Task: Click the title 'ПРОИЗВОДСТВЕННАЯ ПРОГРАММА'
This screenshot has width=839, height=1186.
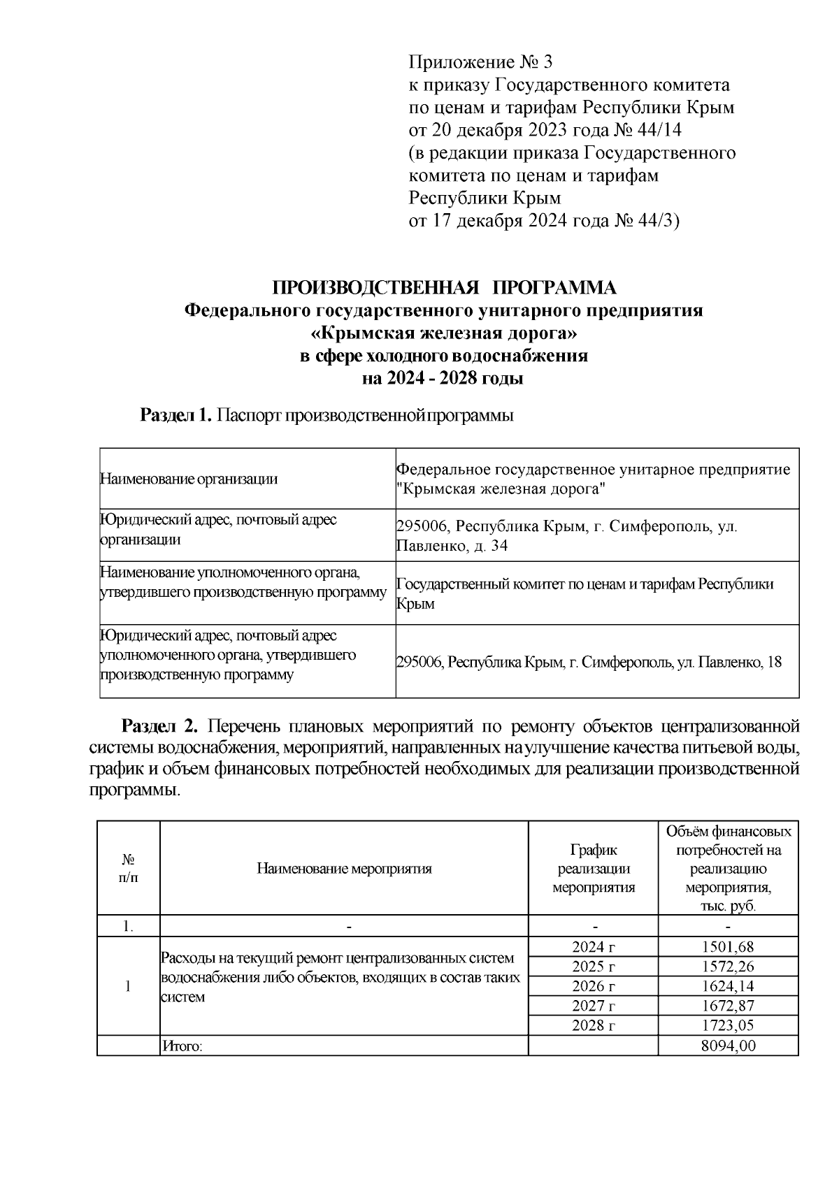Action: [x=444, y=288]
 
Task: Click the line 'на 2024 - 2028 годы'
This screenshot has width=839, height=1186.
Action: [x=444, y=379]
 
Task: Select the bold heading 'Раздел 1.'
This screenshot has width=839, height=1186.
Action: [x=175, y=416]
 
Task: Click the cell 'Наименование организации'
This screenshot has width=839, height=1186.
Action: [x=189, y=479]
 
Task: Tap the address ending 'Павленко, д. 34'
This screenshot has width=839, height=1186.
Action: [x=452, y=546]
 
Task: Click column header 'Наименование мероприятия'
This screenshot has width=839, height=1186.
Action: [x=344, y=869]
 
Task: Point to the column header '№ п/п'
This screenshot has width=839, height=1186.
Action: [x=129, y=868]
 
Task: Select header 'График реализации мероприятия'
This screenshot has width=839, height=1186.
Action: [x=594, y=869]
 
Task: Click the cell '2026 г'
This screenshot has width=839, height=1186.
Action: [x=594, y=986]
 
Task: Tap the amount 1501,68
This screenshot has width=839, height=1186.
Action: [x=728, y=947]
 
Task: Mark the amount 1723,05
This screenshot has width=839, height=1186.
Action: [x=728, y=1025]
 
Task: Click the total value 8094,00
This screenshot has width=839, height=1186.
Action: [x=728, y=1046]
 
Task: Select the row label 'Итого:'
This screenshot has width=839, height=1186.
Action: [x=182, y=1046]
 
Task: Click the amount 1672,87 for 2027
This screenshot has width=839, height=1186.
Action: [x=728, y=1006]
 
